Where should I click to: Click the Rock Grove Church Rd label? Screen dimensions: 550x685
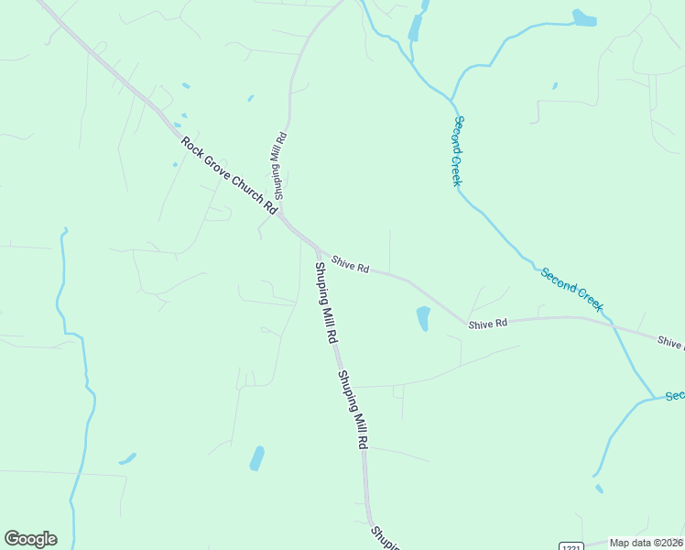pos(229,175)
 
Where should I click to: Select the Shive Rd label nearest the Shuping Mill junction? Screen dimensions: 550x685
pos(350,264)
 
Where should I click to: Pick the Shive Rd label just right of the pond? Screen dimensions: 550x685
pos(487,324)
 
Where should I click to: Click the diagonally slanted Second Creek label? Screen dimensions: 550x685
pos(571,289)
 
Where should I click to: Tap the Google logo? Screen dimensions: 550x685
pos(30,539)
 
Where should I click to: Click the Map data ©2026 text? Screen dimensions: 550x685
pos(647,543)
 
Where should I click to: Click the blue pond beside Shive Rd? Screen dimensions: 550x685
pos(423,318)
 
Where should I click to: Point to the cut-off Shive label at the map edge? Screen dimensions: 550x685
pos(670,342)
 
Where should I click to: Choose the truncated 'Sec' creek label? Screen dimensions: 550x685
pos(675,395)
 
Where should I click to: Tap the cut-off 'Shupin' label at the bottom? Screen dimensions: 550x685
pos(385,538)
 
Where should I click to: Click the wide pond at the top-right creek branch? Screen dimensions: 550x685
pos(583,17)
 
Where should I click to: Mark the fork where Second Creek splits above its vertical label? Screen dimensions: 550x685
pos(451,99)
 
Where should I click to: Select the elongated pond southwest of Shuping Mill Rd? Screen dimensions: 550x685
pos(257,458)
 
